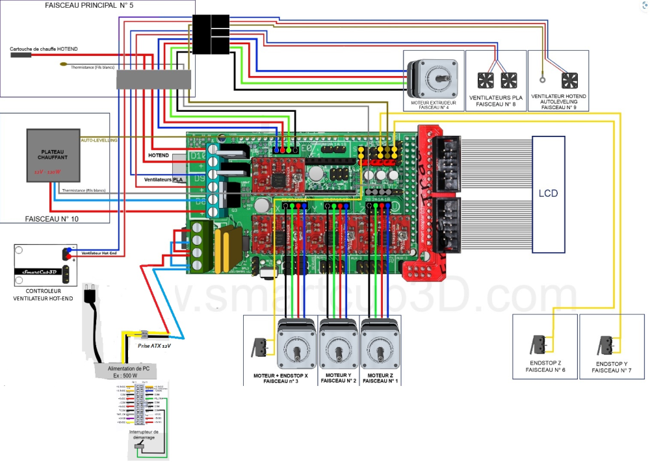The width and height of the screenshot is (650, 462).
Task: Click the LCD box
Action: coord(548,194)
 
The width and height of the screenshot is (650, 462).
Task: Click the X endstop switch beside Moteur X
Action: coord(259,347)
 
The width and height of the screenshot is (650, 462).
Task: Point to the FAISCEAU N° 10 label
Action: coord(51,220)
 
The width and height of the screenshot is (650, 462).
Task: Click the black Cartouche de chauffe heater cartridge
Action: coord(21,56)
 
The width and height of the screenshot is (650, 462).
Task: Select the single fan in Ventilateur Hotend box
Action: coord(569,81)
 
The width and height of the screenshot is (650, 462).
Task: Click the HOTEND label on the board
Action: coord(159,156)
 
